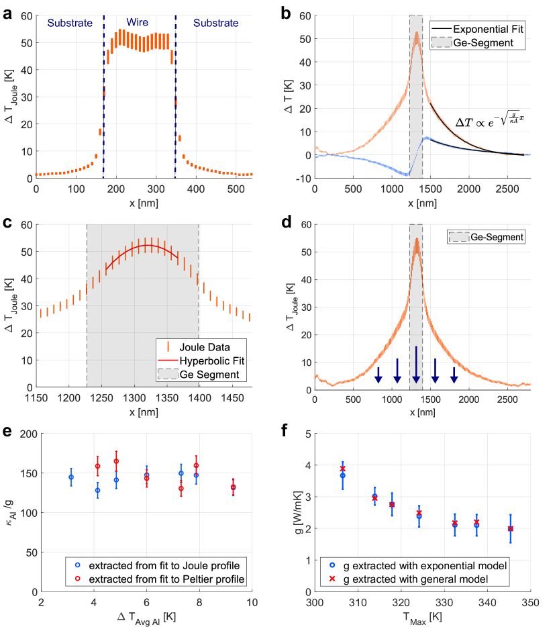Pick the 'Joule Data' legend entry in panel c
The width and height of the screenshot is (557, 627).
[x=199, y=347]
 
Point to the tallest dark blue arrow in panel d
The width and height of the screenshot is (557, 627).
[x=416, y=364]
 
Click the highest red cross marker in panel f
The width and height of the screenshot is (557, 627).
[x=342, y=469]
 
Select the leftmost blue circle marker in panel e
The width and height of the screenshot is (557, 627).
[x=71, y=477]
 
